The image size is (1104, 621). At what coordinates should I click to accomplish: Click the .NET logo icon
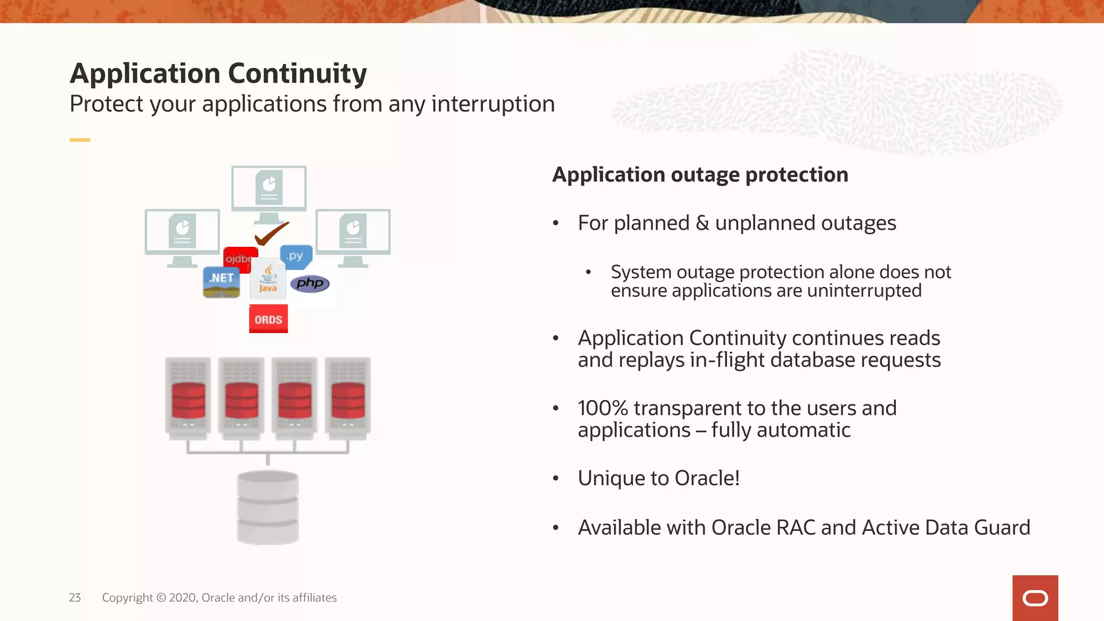pos(222,282)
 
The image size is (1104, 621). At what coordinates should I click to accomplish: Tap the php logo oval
pos(310,284)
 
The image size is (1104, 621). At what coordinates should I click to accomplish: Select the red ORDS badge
pos(268,319)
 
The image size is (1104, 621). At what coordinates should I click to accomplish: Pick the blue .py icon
pos(296,257)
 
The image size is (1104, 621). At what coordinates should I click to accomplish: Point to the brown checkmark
pos(271,233)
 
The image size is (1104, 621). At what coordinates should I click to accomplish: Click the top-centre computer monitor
pos(269,189)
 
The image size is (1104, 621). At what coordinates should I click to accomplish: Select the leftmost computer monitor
pos(182,232)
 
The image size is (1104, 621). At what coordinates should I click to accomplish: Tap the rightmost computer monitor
pos(353,232)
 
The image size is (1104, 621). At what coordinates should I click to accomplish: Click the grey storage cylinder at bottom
pos(268,507)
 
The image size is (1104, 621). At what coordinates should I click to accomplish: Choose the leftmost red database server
pos(188,398)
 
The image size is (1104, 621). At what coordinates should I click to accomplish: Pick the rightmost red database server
pos(348,398)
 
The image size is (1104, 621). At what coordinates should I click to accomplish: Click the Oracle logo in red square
pos(1035,598)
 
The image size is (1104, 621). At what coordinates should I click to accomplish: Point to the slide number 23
pos(75,597)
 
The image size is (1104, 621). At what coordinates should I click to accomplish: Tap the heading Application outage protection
pos(700,175)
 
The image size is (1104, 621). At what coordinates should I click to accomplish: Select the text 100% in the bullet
pos(603,408)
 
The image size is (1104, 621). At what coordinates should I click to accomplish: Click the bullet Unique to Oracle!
pos(658,478)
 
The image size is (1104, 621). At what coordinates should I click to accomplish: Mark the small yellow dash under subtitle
pos(80,140)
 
